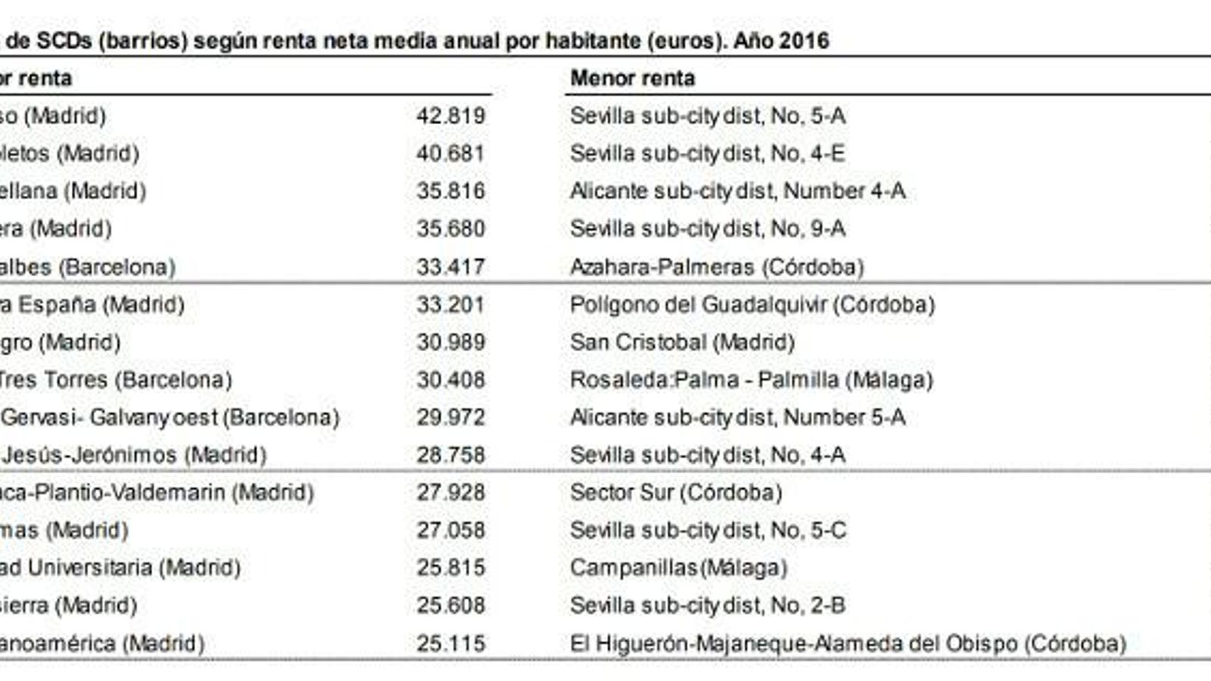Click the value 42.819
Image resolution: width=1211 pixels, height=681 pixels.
coord(450,116)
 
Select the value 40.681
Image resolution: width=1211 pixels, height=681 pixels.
coord(450,154)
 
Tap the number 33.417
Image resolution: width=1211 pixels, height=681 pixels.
coord(450,267)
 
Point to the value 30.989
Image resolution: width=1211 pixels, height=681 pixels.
coord(450,342)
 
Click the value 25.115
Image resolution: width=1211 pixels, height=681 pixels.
coord(450,644)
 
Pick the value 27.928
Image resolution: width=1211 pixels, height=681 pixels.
coord(450,493)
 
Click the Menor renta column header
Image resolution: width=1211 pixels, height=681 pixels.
coord(633,78)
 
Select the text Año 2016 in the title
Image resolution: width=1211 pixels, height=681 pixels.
coord(781,41)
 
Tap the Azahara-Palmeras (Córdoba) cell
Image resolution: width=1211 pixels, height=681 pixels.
coord(717,267)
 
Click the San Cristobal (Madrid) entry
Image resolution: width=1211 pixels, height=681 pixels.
coord(682,342)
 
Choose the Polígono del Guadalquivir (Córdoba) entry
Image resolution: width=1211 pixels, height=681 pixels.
coord(752,305)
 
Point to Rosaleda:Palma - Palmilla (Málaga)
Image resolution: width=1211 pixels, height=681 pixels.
coord(752,380)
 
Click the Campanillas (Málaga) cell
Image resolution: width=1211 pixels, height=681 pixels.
coord(679,568)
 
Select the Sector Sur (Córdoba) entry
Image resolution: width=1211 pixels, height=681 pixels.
coord(676,493)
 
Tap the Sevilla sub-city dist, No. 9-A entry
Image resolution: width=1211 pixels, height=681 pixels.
coord(708,229)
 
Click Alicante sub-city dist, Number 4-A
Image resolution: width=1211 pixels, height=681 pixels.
coord(738,191)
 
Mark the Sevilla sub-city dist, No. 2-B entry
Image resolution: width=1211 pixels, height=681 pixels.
coord(708,606)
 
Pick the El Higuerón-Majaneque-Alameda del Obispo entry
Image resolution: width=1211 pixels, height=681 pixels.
coord(848,644)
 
